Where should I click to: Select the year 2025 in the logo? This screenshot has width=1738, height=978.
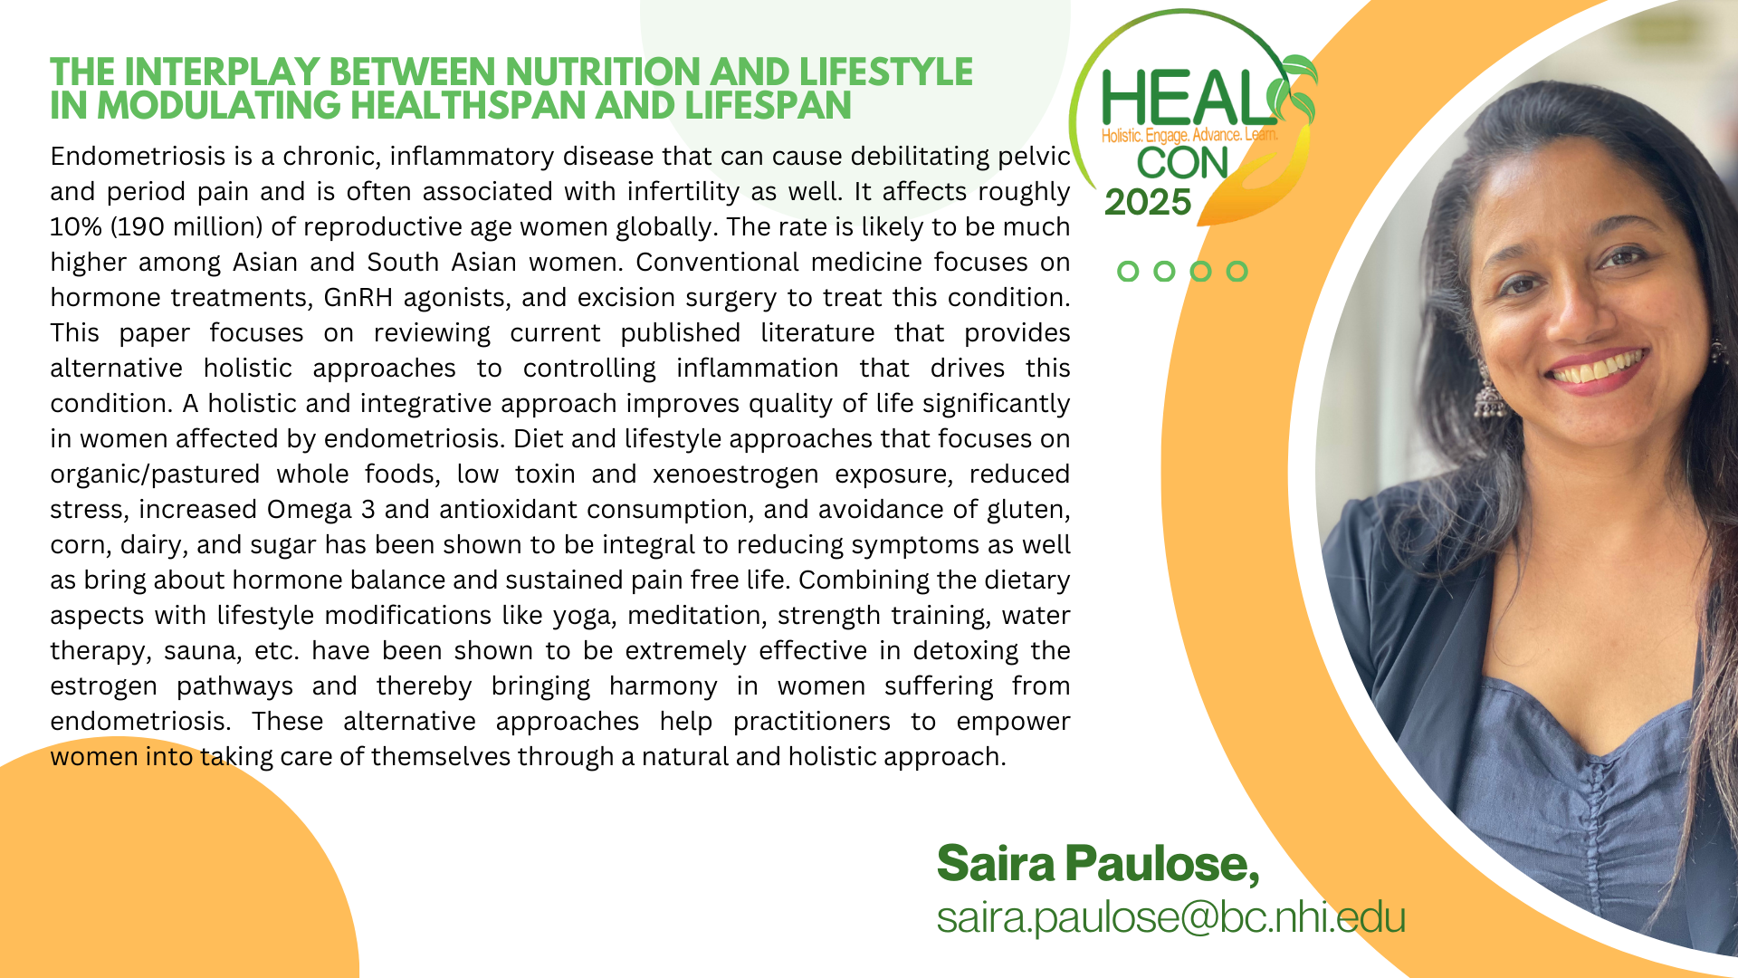tap(1148, 202)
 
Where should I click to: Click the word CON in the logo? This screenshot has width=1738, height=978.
tap(1182, 163)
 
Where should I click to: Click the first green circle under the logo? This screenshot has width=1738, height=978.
tap(1128, 271)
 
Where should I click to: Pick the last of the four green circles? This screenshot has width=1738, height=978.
tap(1237, 271)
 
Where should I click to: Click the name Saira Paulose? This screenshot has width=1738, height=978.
tap(1097, 863)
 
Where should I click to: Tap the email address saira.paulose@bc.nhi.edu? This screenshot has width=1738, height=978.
tap(1171, 916)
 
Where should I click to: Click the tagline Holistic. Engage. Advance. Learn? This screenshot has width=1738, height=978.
tap(1189, 136)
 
